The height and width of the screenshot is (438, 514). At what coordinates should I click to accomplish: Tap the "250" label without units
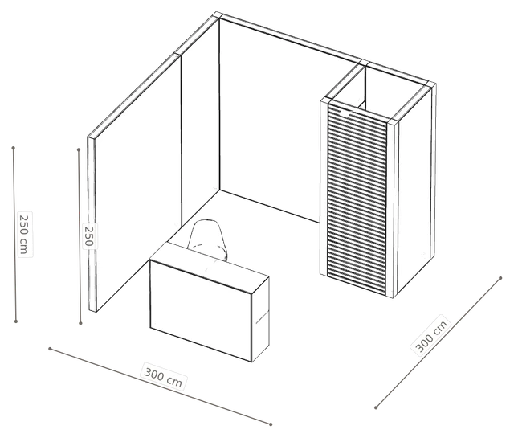coord(89,236)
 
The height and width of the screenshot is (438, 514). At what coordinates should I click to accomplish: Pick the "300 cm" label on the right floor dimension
coord(431,335)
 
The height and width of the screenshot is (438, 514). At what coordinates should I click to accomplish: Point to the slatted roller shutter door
coord(357,198)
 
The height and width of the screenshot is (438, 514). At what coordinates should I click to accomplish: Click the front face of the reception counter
coord(201,309)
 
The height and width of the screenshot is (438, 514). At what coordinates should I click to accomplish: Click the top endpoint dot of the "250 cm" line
coord(14,148)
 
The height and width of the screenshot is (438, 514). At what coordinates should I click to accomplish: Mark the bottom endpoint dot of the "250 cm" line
coord(16,321)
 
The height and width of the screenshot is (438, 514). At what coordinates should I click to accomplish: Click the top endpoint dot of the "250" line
coord(79,149)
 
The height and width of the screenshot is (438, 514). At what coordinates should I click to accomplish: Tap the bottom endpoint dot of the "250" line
coord(80,324)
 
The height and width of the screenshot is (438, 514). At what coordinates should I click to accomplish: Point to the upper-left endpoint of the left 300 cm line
coord(50,349)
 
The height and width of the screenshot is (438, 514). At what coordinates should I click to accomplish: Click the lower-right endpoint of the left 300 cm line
coord(271,424)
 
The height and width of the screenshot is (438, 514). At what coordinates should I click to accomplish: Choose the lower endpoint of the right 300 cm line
coord(376,407)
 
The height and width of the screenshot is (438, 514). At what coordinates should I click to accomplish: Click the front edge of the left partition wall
coord(92,224)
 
